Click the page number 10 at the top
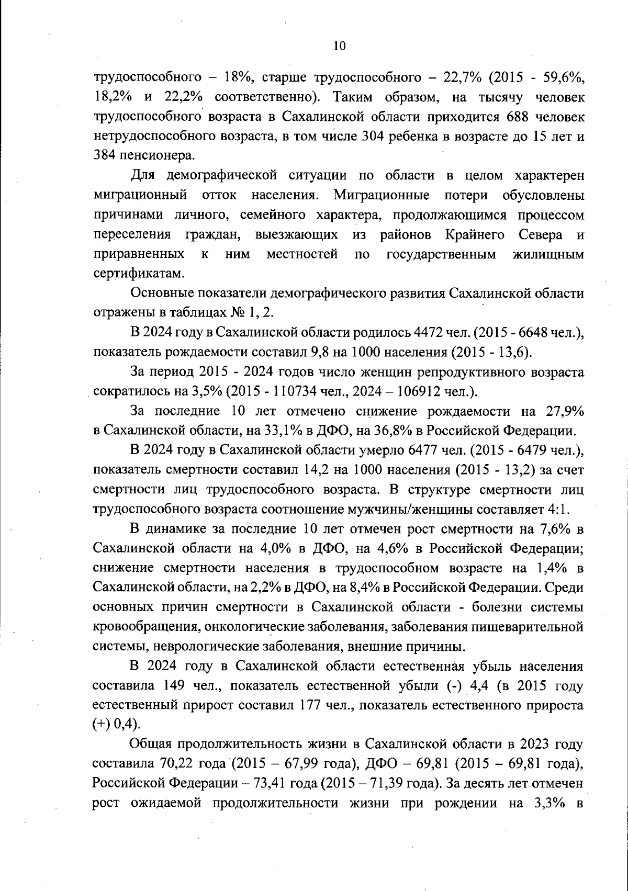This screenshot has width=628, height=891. point(339,46)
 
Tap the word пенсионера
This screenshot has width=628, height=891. point(145,156)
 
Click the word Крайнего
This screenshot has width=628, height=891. point(475,234)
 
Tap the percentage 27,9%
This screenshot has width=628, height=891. point(565,411)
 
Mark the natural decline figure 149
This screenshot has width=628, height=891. point(172,685)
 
